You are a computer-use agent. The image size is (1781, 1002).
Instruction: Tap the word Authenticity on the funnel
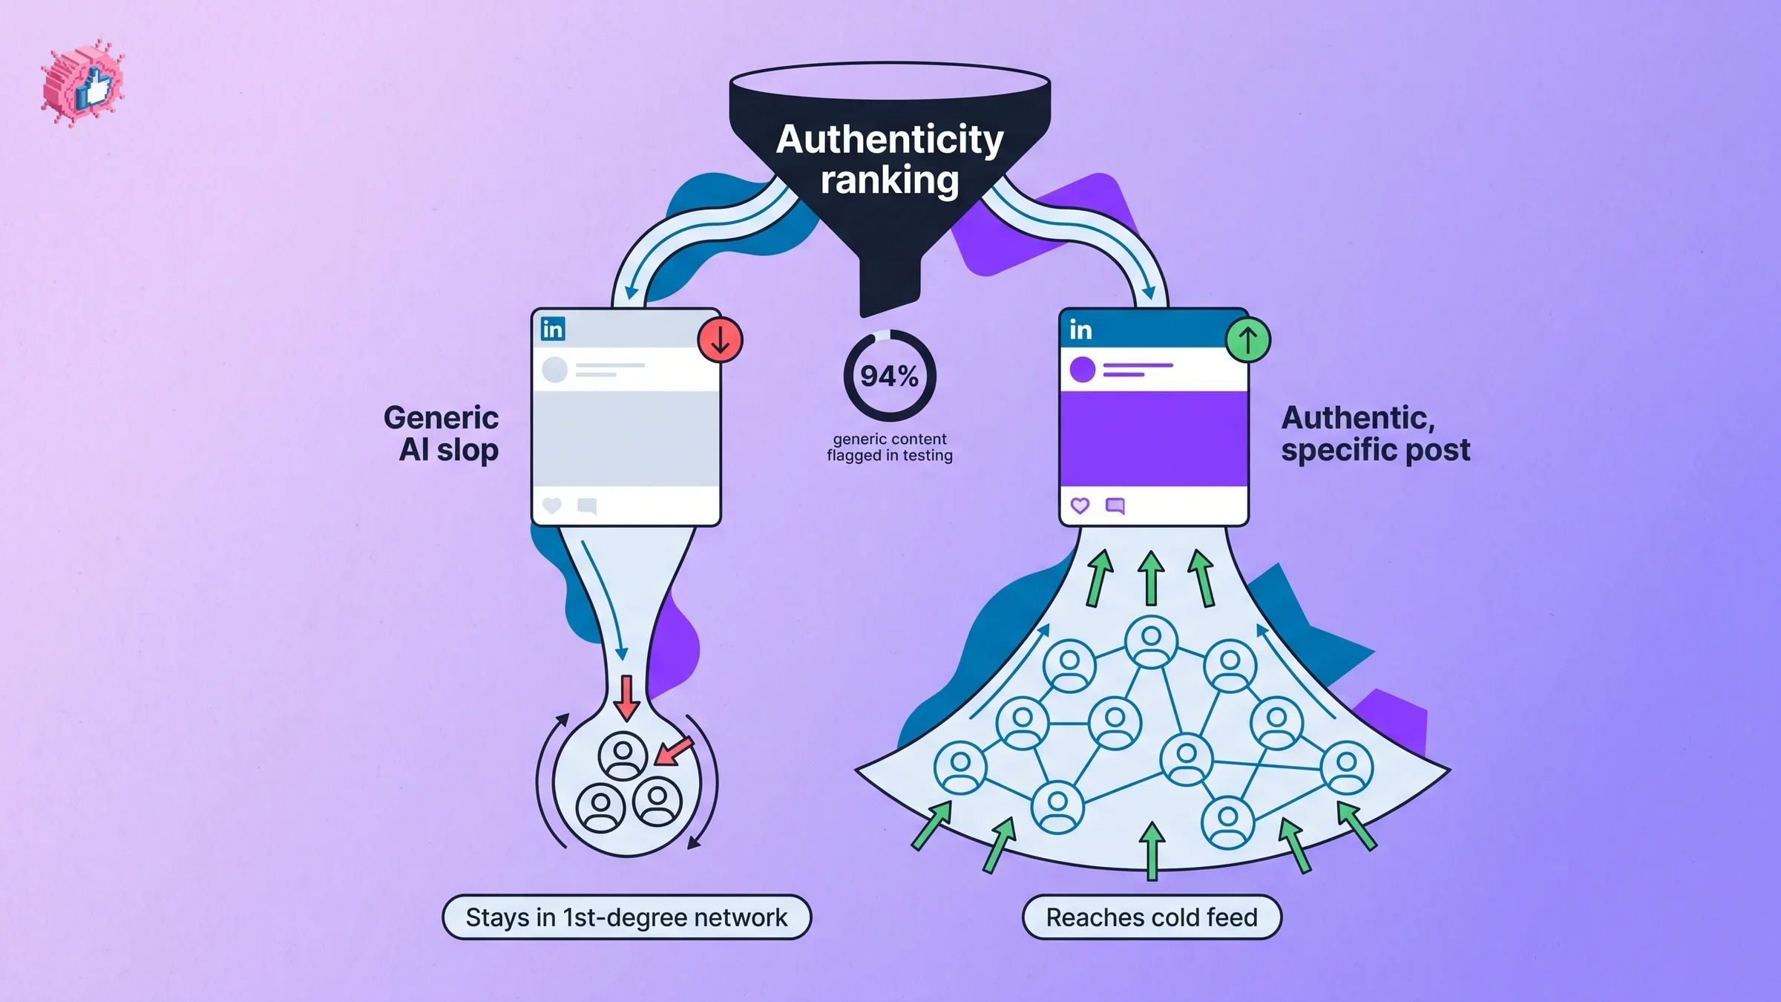(890, 140)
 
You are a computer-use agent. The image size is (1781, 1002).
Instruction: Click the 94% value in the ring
(889, 376)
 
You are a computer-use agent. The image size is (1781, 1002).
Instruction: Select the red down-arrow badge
(720, 340)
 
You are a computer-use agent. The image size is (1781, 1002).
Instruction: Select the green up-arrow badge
(1247, 340)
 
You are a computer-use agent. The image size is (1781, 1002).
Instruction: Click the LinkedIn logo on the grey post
(553, 329)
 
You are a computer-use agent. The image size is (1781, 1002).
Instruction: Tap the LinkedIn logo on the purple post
(1080, 330)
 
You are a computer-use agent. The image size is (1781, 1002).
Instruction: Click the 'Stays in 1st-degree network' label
(626, 917)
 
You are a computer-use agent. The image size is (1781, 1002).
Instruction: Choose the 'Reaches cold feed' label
(1152, 917)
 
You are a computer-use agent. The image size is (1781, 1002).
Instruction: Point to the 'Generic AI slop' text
(442, 433)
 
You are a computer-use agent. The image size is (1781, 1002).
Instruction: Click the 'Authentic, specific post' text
(1375, 433)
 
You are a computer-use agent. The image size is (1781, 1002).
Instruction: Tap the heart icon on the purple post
(1080, 505)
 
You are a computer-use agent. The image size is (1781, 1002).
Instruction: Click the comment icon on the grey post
(587, 506)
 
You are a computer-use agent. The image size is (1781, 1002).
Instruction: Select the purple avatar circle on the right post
(1083, 369)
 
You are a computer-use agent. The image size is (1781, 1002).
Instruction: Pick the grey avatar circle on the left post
(555, 369)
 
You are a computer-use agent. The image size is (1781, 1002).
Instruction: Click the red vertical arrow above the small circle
(627, 698)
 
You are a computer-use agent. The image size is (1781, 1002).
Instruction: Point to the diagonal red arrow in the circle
(675, 750)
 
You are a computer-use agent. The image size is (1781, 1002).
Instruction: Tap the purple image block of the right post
(1153, 439)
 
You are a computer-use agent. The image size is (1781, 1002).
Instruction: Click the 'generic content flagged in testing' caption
(890, 447)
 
